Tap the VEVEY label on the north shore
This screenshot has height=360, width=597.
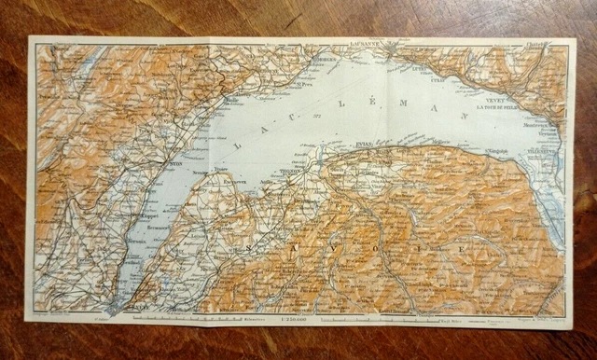coord(497,96)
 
